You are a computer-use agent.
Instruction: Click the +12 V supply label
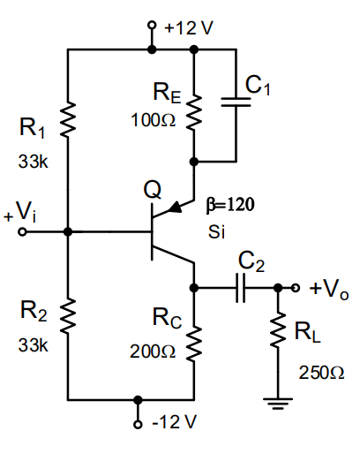click(x=188, y=27)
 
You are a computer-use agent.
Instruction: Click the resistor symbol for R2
click(x=67, y=310)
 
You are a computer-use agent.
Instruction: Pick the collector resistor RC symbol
click(x=193, y=341)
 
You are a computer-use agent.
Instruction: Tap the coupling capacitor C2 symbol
click(x=239, y=288)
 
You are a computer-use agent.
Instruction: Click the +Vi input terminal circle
click(x=23, y=232)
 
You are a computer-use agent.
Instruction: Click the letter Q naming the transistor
click(x=152, y=189)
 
